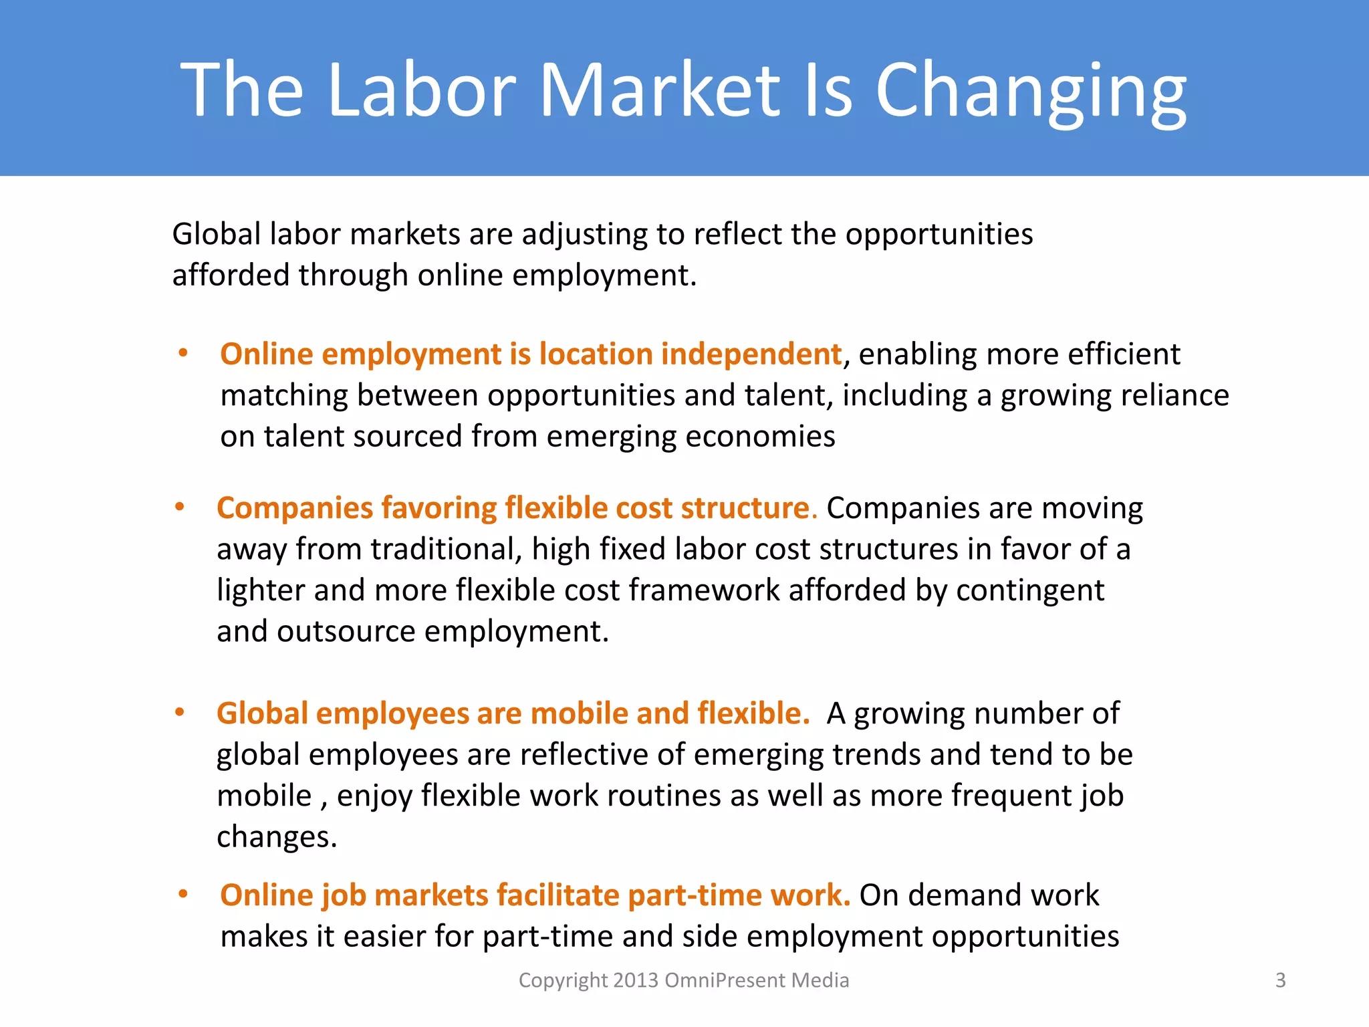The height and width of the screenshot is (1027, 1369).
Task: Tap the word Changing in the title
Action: click(1031, 90)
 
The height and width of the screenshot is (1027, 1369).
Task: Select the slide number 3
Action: click(1280, 980)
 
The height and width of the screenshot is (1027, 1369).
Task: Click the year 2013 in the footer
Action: click(636, 980)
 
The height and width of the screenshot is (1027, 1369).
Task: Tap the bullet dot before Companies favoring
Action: click(179, 507)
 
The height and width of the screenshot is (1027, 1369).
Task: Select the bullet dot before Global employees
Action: click(179, 713)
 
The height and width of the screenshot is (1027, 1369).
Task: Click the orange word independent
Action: click(751, 354)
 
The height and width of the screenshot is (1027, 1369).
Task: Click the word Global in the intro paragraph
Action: click(217, 234)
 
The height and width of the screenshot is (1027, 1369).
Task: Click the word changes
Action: click(277, 836)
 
